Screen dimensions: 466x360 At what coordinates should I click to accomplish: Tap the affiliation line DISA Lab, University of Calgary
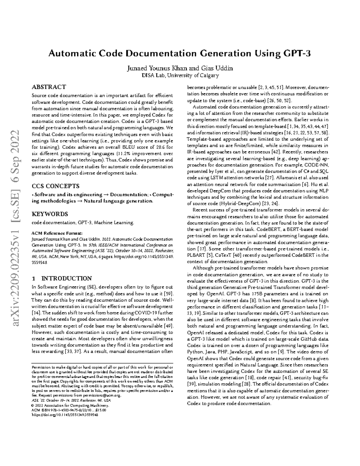tap(180, 75)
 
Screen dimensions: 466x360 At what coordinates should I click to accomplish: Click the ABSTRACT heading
tap(49, 87)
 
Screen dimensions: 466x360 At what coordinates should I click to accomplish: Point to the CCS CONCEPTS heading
tap(55, 186)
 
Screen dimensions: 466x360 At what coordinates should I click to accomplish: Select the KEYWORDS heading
tap(50, 214)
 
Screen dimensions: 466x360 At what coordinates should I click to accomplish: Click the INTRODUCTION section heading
tap(66, 278)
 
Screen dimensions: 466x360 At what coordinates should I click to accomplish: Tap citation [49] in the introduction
tap(168, 326)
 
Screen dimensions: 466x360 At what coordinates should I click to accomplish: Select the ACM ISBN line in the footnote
tap(69, 410)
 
